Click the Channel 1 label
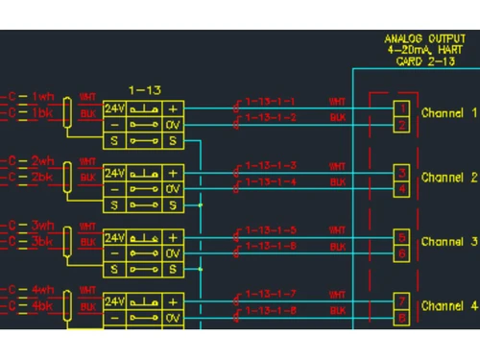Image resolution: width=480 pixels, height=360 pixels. point(449,113)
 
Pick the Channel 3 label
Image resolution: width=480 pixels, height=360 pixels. point(449,242)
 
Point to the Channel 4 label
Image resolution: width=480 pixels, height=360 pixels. point(449,306)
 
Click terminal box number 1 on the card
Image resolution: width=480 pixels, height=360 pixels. point(402,108)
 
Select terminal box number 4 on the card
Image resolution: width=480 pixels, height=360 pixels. point(402,189)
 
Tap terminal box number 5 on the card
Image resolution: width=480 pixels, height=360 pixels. point(402,236)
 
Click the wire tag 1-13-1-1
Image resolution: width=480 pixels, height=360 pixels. point(270,102)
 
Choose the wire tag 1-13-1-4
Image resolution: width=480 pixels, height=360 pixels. point(270,181)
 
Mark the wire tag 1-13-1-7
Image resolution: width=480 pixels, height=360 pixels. point(270,294)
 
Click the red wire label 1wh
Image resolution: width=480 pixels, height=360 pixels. point(44,97)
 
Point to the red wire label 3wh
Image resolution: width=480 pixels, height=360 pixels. point(44,226)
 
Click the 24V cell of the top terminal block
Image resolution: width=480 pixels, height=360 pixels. point(114,109)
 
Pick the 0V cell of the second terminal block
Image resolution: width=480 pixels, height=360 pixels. point(173,189)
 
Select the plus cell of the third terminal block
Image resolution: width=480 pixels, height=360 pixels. point(173,237)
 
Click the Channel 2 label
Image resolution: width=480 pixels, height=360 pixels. point(449,178)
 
